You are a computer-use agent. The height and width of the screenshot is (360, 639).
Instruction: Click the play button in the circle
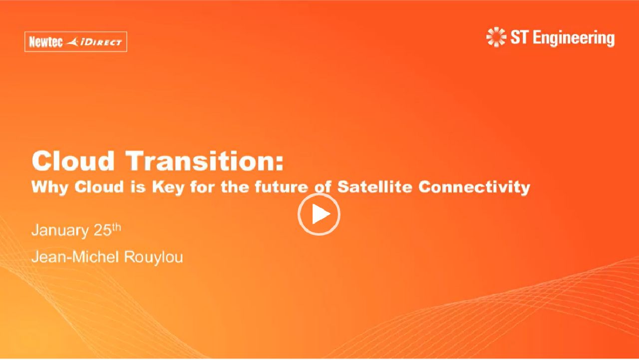(x=319, y=214)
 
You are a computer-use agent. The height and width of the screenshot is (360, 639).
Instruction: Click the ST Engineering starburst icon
(x=496, y=37)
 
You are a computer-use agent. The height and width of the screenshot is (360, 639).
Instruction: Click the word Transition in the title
(x=205, y=161)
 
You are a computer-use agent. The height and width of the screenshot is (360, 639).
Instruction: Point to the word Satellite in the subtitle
(x=374, y=187)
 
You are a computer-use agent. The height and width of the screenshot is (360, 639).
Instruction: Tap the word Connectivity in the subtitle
(x=474, y=188)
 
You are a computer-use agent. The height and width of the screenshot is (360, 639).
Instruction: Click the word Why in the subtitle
(x=50, y=188)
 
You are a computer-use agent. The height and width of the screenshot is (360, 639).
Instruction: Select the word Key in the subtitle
(x=168, y=188)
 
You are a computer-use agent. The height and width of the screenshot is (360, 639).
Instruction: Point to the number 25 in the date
(x=102, y=230)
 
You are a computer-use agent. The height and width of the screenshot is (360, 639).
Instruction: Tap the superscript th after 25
(x=116, y=227)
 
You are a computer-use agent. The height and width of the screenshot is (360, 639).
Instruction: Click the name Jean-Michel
(x=75, y=257)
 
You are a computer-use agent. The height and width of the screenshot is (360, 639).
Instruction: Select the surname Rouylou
(x=153, y=257)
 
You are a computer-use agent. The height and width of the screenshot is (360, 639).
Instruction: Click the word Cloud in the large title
(x=73, y=161)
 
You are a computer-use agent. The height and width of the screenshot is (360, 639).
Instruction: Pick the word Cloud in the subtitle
(x=99, y=187)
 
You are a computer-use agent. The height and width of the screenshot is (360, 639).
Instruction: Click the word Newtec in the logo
(x=46, y=42)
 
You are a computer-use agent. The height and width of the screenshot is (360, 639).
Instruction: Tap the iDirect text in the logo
(x=101, y=42)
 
